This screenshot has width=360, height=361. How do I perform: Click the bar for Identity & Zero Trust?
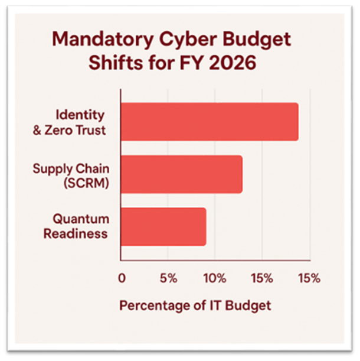pyautogui.click(x=209, y=122)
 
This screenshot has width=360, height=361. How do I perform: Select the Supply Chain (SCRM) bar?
pyautogui.click(x=181, y=174)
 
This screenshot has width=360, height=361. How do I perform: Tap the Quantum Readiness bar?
pyautogui.click(x=163, y=226)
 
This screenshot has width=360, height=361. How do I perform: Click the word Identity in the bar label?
pyautogui.click(x=81, y=114)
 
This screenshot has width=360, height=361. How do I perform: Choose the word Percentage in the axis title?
pyautogui.click(x=155, y=306)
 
